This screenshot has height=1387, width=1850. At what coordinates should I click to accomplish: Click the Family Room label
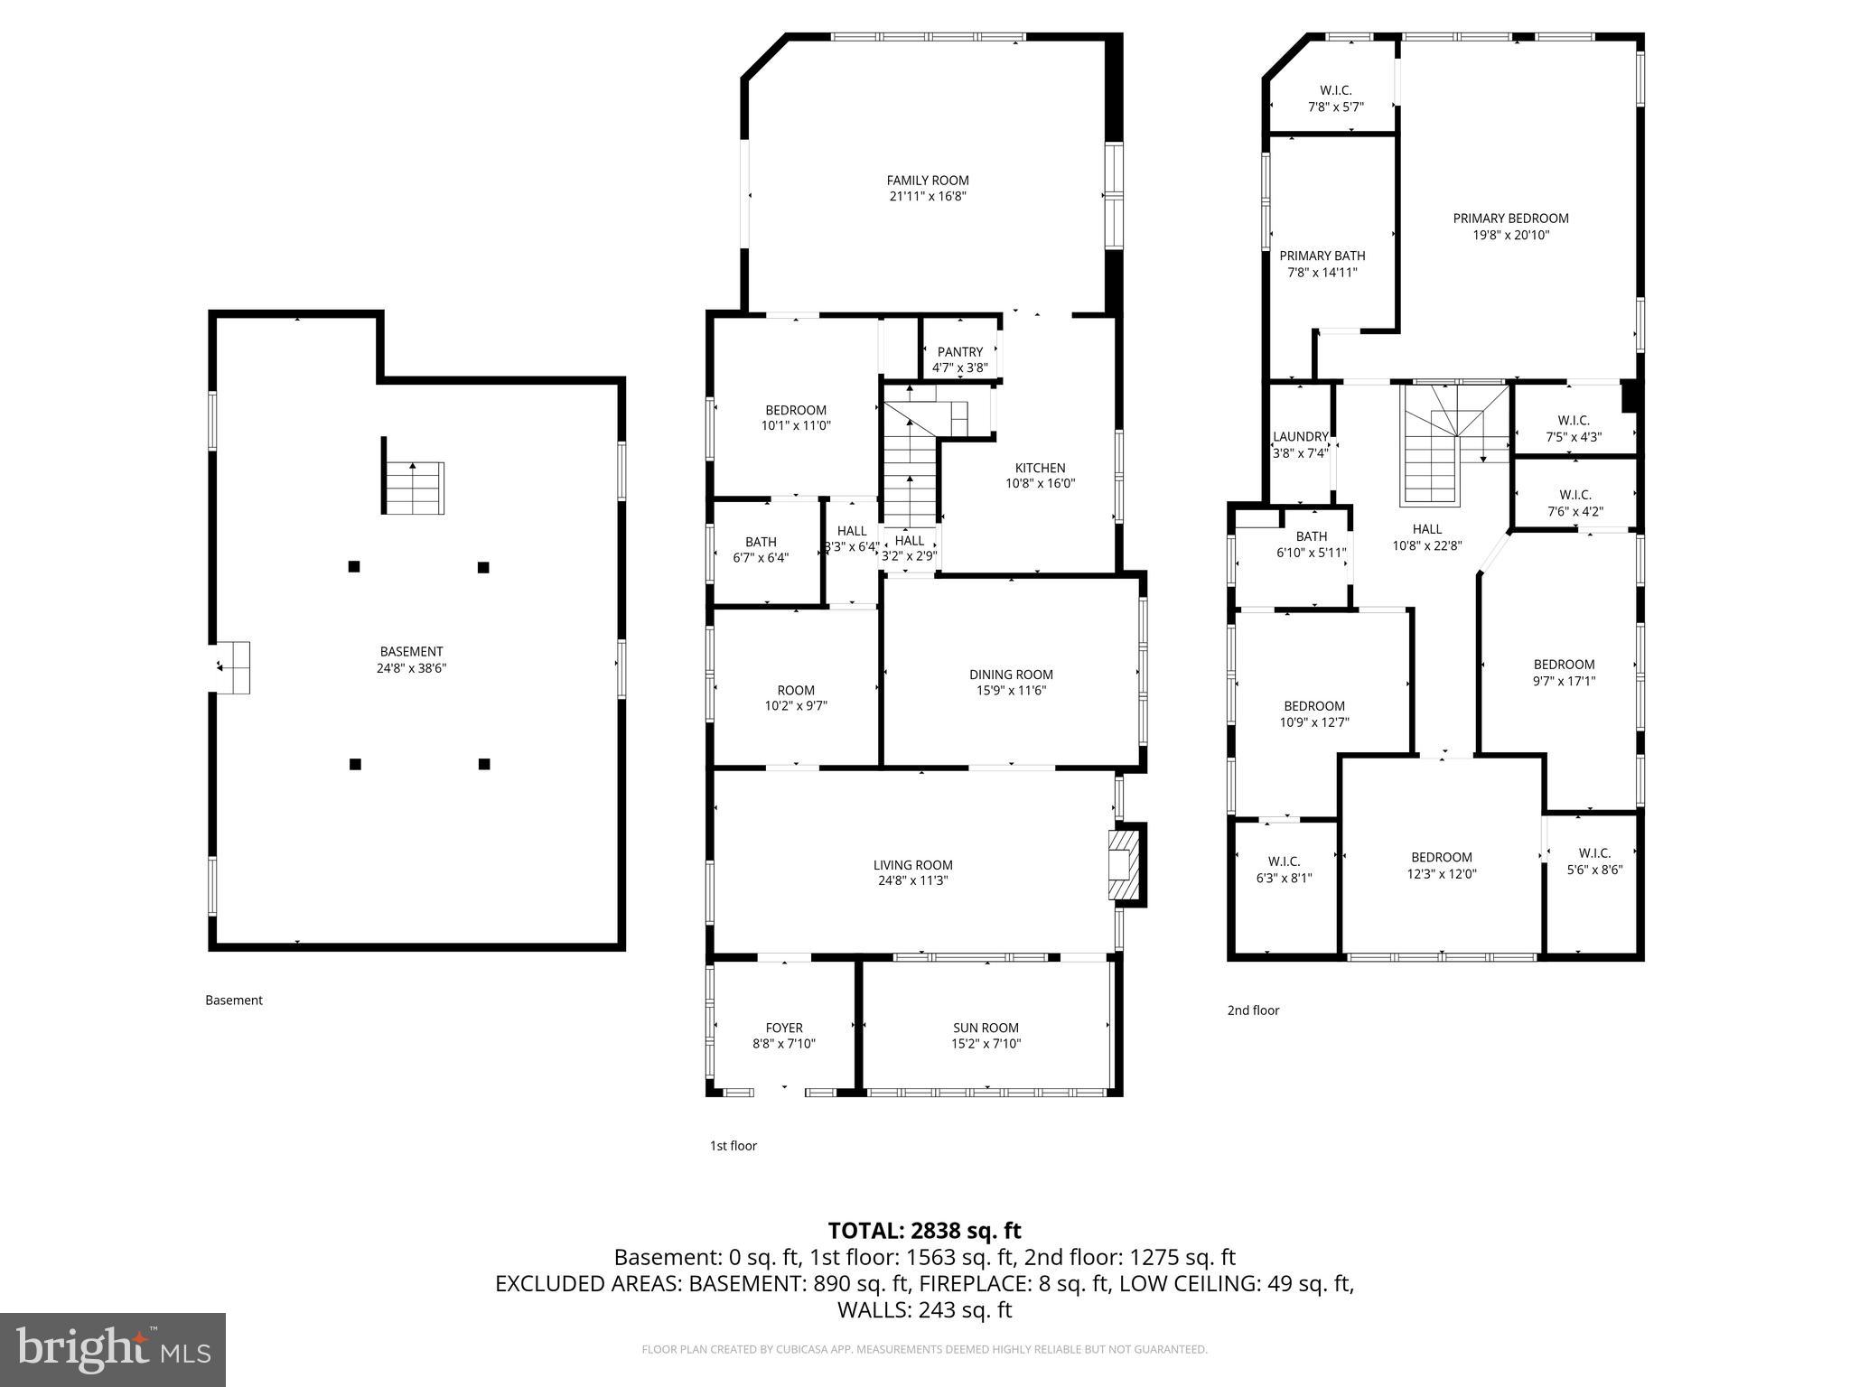point(927,181)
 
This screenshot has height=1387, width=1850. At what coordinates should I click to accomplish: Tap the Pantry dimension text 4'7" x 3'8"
point(959,368)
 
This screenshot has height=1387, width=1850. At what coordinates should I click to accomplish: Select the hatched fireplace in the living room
point(1120,865)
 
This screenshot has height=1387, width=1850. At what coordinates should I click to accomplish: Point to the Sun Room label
point(986,1028)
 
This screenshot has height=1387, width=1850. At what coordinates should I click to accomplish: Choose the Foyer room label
point(783,1028)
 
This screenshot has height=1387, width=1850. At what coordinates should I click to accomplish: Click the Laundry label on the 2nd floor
point(1300,437)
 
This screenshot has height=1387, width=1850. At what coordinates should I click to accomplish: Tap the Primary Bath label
point(1322,256)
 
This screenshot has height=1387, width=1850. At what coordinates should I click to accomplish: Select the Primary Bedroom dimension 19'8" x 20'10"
point(1510,235)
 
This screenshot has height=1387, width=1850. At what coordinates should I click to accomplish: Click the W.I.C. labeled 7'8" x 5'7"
point(1335,98)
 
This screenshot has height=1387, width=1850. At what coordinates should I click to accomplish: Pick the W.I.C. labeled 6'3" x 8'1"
point(1284,869)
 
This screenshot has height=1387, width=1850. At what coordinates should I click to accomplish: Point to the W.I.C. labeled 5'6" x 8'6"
point(1594,861)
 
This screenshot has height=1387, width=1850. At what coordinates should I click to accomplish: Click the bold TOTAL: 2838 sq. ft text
point(924,1230)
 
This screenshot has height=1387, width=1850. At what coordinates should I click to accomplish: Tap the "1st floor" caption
point(733,1146)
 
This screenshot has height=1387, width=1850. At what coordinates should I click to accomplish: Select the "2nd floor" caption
point(1253,1010)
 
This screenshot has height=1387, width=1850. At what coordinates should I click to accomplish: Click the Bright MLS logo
point(113,1349)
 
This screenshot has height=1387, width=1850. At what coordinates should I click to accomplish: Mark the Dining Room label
point(1011,675)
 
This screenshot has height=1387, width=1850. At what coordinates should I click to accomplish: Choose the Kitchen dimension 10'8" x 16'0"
point(1040,484)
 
